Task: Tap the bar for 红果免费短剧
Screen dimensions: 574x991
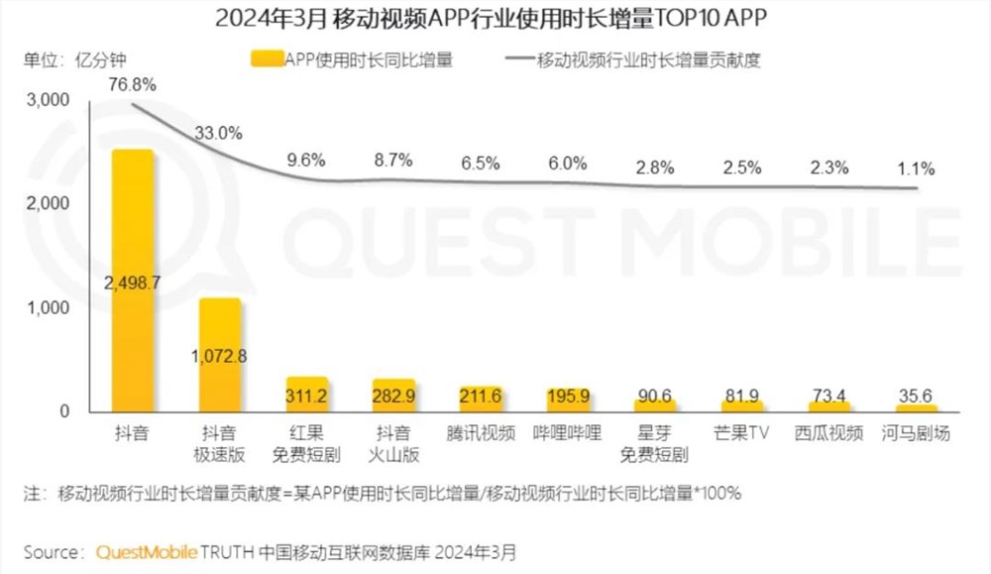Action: [x=306, y=395]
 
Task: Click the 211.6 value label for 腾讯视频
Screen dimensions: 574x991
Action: [x=481, y=397]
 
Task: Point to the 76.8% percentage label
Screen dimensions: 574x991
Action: [x=132, y=84]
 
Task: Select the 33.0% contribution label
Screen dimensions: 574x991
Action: [x=219, y=133]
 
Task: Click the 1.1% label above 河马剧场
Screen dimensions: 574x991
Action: [x=912, y=169]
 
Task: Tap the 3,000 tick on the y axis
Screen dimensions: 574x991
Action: [x=48, y=99]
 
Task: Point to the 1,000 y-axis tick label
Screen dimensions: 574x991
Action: [x=48, y=307]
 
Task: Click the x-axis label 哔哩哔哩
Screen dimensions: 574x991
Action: [x=568, y=434]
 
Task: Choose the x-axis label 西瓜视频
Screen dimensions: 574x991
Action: [x=829, y=434]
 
